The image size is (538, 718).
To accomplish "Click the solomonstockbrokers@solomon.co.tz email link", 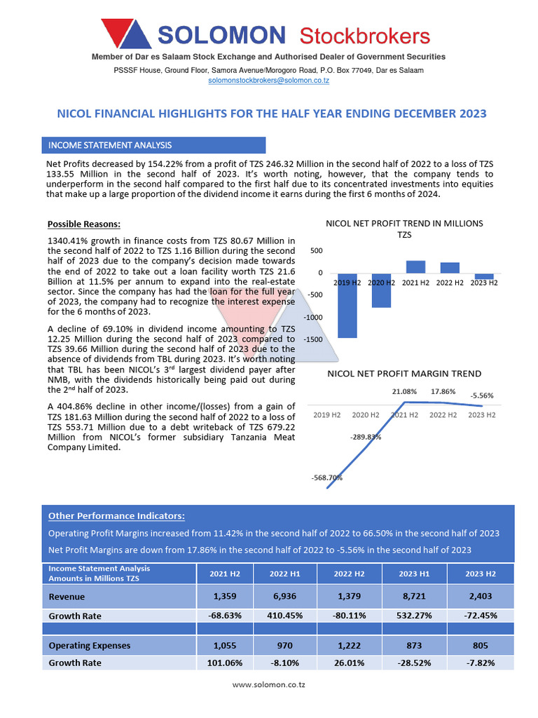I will pyautogui.click(x=269, y=81).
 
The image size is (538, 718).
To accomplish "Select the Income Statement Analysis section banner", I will pyautogui.click(x=154, y=145).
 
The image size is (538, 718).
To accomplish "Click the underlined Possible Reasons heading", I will pyautogui.click(x=84, y=224).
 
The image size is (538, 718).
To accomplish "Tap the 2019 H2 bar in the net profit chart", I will pyautogui.click(x=347, y=306).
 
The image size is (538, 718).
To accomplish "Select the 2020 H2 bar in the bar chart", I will pyautogui.click(x=382, y=290).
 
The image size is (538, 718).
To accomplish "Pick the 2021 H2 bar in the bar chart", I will pyautogui.click(x=416, y=266).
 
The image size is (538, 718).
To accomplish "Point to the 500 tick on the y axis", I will pyautogui.click(x=317, y=251).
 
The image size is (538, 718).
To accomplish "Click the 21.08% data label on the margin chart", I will pyautogui.click(x=404, y=391).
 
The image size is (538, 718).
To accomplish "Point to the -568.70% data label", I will pyautogui.click(x=326, y=478).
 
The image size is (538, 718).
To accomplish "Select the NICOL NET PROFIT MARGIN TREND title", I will pyautogui.click(x=404, y=374).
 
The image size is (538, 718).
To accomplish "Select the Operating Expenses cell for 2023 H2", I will pyautogui.click(x=481, y=645).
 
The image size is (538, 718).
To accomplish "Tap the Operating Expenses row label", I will pyautogui.click(x=90, y=645).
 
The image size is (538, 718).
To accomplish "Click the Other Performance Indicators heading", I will pyautogui.click(x=116, y=516).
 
